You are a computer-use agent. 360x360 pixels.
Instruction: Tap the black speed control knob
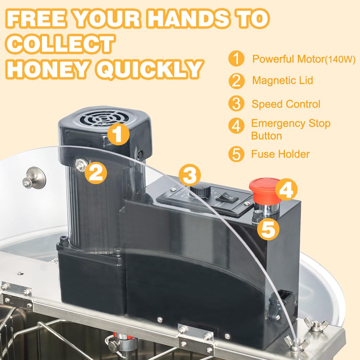[x=200, y=190]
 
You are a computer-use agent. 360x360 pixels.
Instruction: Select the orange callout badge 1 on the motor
[x=118, y=134]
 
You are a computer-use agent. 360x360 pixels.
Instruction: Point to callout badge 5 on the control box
[x=268, y=229]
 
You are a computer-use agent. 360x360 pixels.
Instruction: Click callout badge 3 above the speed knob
[x=190, y=176]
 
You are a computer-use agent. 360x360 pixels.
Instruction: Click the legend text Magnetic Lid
[x=283, y=81]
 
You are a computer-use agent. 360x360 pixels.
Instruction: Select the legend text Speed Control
[x=286, y=104]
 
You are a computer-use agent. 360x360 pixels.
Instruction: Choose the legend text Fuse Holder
[x=280, y=154]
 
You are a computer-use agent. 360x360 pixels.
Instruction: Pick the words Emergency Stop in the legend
[x=291, y=123]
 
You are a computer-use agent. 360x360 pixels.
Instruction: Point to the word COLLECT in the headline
[x=61, y=44]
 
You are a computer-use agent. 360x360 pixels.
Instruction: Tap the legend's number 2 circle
[x=236, y=81]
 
